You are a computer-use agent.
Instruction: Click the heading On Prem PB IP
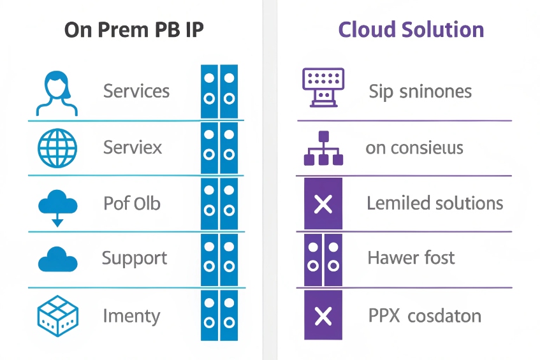click(x=135, y=31)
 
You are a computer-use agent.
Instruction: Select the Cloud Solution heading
click(x=411, y=30)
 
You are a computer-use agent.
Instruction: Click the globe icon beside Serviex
click(x=57, y=148)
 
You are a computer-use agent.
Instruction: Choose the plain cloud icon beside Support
click(x=58, y=260)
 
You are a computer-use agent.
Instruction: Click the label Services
click(x=136, y=91)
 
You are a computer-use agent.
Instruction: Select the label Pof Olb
click(x=131, y=204)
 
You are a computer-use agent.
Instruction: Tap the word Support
click(x=135, y=259)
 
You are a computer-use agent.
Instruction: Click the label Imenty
click(x=131, y=316)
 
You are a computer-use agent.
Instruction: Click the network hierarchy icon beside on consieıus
click(x=323, y=148)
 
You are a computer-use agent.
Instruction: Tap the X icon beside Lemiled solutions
click(x=323, y=205)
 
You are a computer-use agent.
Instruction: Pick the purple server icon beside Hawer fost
click(x=323, y=259)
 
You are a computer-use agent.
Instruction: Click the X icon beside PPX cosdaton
click(x=323, y=315)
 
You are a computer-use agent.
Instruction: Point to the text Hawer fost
click(x=411, y=258)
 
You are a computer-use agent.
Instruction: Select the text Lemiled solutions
click(x=435, y=204)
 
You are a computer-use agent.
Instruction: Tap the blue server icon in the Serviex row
click(x=219, y=148)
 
